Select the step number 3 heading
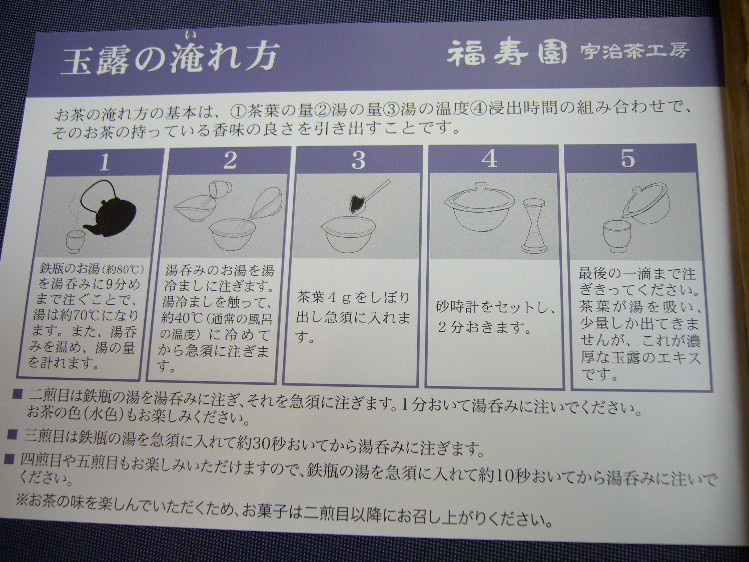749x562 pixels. coord(358,160)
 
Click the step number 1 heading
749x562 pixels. coord(104,162)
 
